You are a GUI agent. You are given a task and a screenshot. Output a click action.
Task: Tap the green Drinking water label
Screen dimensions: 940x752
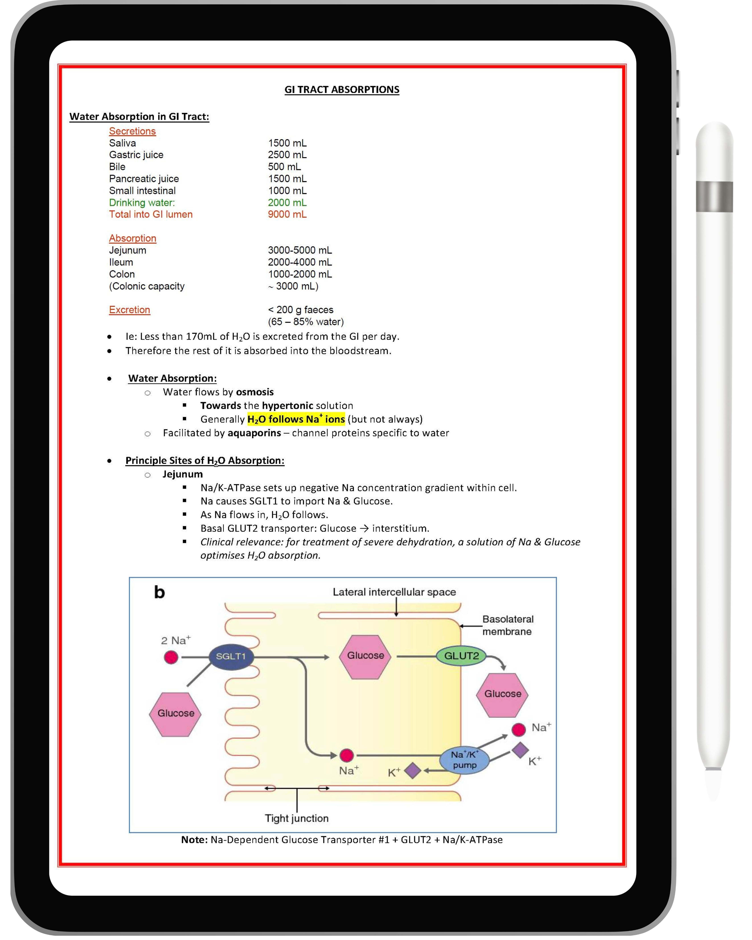pyautogui.click(x=142, y=203)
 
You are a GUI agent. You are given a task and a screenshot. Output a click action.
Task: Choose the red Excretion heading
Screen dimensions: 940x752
pyautogui.click(x=129, y=310)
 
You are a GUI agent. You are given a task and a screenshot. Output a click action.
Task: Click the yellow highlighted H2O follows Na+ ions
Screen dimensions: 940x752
pyautogui.click(x=296, y=420)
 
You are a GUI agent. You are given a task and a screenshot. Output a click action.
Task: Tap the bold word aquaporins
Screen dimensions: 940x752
pyautogui.click(x=254, y=433)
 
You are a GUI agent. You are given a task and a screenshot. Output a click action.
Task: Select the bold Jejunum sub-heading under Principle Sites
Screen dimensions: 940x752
pyautogui.click(x=183, y=474)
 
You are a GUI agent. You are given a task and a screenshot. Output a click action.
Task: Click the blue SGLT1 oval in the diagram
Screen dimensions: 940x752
pyautogui.click(x=231, y=657)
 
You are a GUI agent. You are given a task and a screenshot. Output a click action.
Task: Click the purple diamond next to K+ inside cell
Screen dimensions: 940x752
pyautogui.click(x=412, y=770)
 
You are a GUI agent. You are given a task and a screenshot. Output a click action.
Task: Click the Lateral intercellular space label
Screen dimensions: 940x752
pyautogui.click(x=394, y=592)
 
